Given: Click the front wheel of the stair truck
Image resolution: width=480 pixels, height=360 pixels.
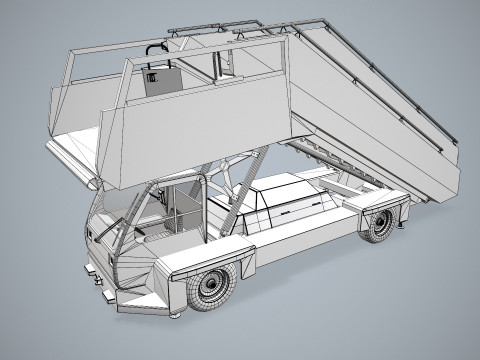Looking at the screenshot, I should (212, 288).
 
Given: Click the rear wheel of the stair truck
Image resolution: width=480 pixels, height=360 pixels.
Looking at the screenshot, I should (379, 224).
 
